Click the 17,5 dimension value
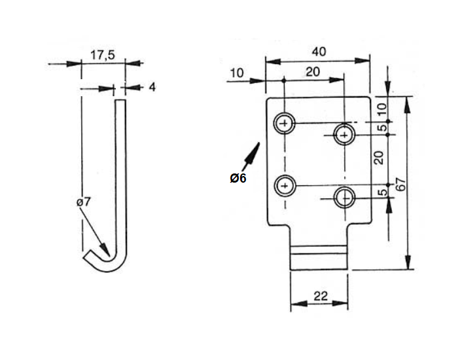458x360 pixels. coord(103,56)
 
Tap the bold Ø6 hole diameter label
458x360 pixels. coord(238,178)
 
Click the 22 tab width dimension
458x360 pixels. coord(319,296)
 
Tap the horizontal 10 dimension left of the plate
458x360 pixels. coord(237,73)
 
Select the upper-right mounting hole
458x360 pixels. coord(344,135)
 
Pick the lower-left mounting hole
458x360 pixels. coord(285,186)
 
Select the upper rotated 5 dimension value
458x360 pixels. coord(381,128)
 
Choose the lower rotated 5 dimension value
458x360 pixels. coord(381,194)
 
